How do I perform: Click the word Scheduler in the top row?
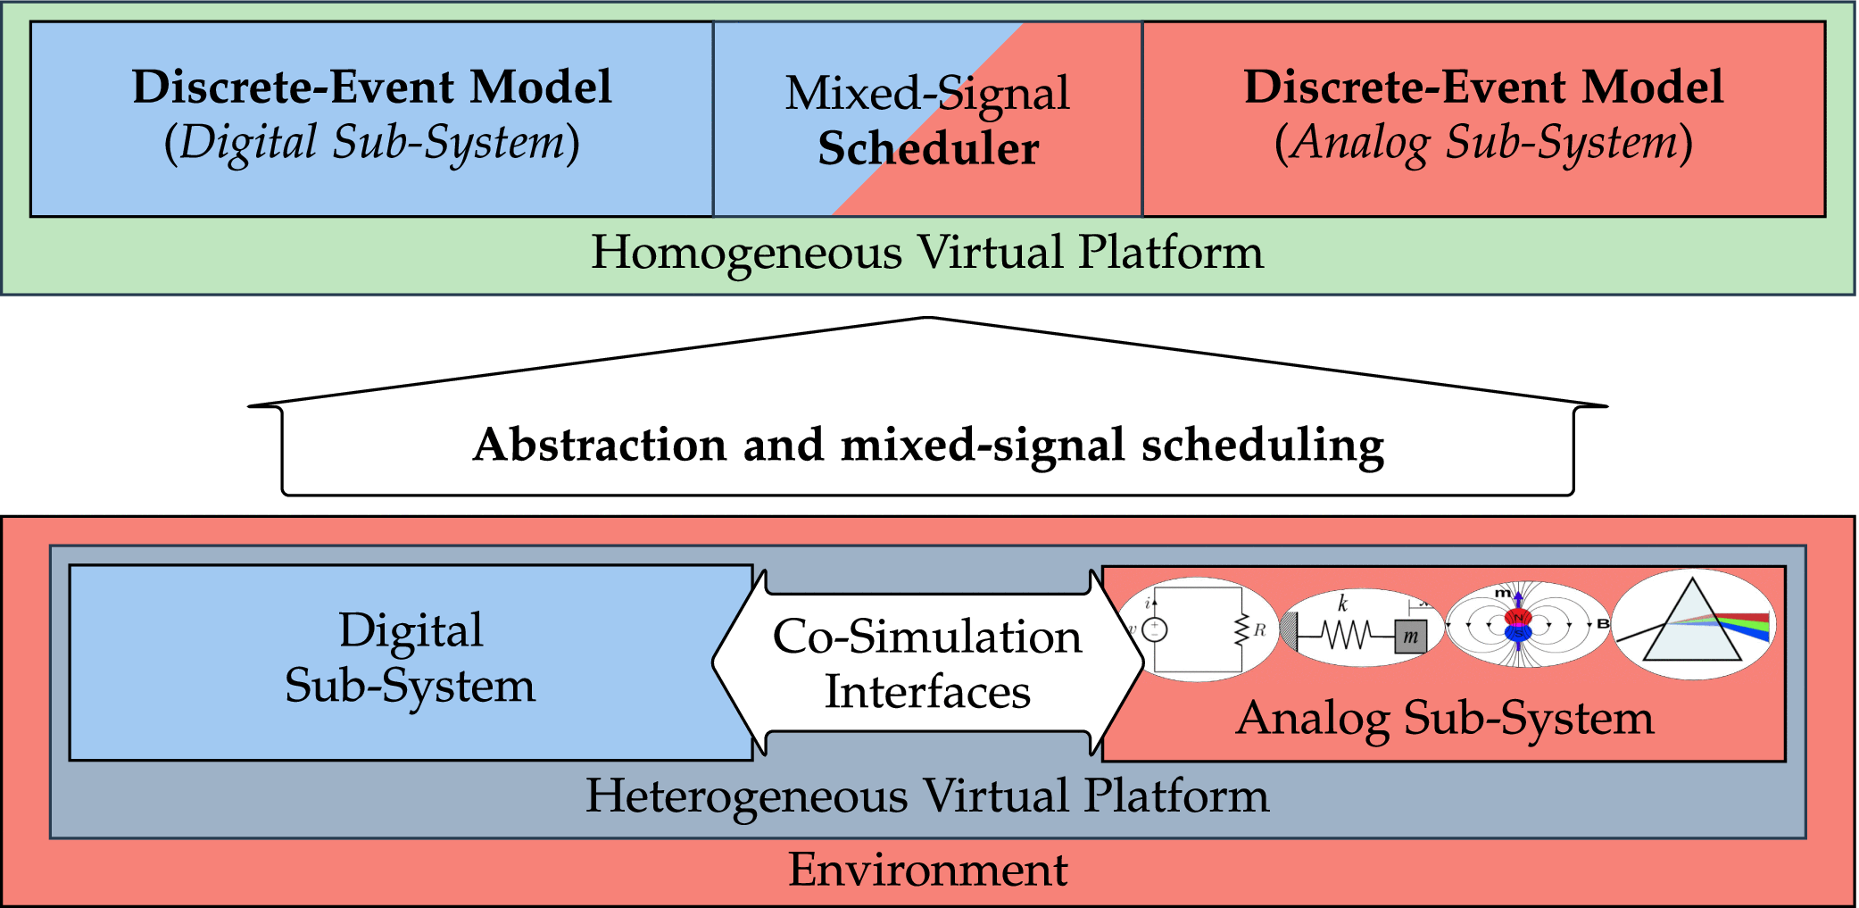point(928,149)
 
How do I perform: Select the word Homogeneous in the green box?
point(746,253)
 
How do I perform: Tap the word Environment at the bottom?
point(927,870)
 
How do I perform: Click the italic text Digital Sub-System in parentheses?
point(372,143)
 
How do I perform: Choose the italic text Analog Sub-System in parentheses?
point(1483,143)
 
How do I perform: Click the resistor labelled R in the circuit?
point(1241,630)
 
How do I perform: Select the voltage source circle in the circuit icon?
point(1155,630)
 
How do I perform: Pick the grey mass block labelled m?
point(1410,637)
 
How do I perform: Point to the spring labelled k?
point(1345,635)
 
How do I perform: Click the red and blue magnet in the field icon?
point(1518,625)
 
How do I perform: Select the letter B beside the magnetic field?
point(1603,624)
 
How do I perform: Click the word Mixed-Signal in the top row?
point(926,93)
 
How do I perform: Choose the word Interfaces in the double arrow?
point(927,692)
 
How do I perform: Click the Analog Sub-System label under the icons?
point(1444,718)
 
